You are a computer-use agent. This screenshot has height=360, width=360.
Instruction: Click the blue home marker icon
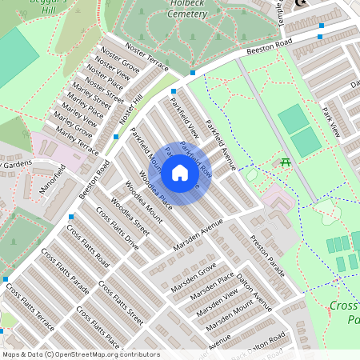click(180, 173)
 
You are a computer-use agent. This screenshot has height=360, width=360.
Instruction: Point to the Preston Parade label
click(266, 255)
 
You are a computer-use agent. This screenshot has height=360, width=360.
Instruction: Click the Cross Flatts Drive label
click(118, 229)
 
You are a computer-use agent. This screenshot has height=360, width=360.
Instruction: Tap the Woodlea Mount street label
click(145, 206)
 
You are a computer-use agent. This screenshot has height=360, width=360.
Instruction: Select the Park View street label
click(332, 121)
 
